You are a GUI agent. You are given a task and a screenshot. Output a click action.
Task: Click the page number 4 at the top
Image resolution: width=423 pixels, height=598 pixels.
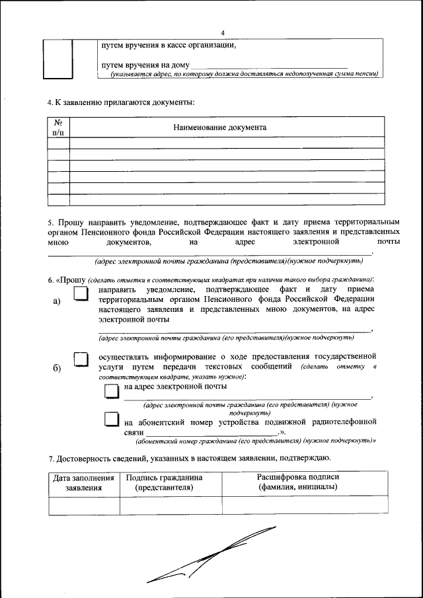[x=223, y=32]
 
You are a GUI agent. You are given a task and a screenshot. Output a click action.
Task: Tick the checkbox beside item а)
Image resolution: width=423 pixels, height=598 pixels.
[x=80, y=293]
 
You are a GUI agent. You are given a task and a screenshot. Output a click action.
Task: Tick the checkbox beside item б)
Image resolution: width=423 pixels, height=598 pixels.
[x=80, y=359]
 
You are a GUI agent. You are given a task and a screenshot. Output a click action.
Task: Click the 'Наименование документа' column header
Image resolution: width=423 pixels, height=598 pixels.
[x=220, y=128]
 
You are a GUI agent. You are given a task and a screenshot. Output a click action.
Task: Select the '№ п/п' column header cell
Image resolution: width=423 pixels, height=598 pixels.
[x=58, y=128]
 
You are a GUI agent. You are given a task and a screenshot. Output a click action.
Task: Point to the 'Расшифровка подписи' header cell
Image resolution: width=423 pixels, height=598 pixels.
[x=297, y=482]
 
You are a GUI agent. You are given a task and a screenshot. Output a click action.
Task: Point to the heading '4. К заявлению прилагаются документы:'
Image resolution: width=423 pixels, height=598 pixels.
[x=121, y=102]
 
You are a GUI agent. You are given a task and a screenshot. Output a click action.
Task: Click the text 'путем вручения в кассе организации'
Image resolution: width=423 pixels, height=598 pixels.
[x=168, y=46]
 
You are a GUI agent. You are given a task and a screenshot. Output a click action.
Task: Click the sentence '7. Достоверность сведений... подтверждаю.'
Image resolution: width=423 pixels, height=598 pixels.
[x=189, y=459]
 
